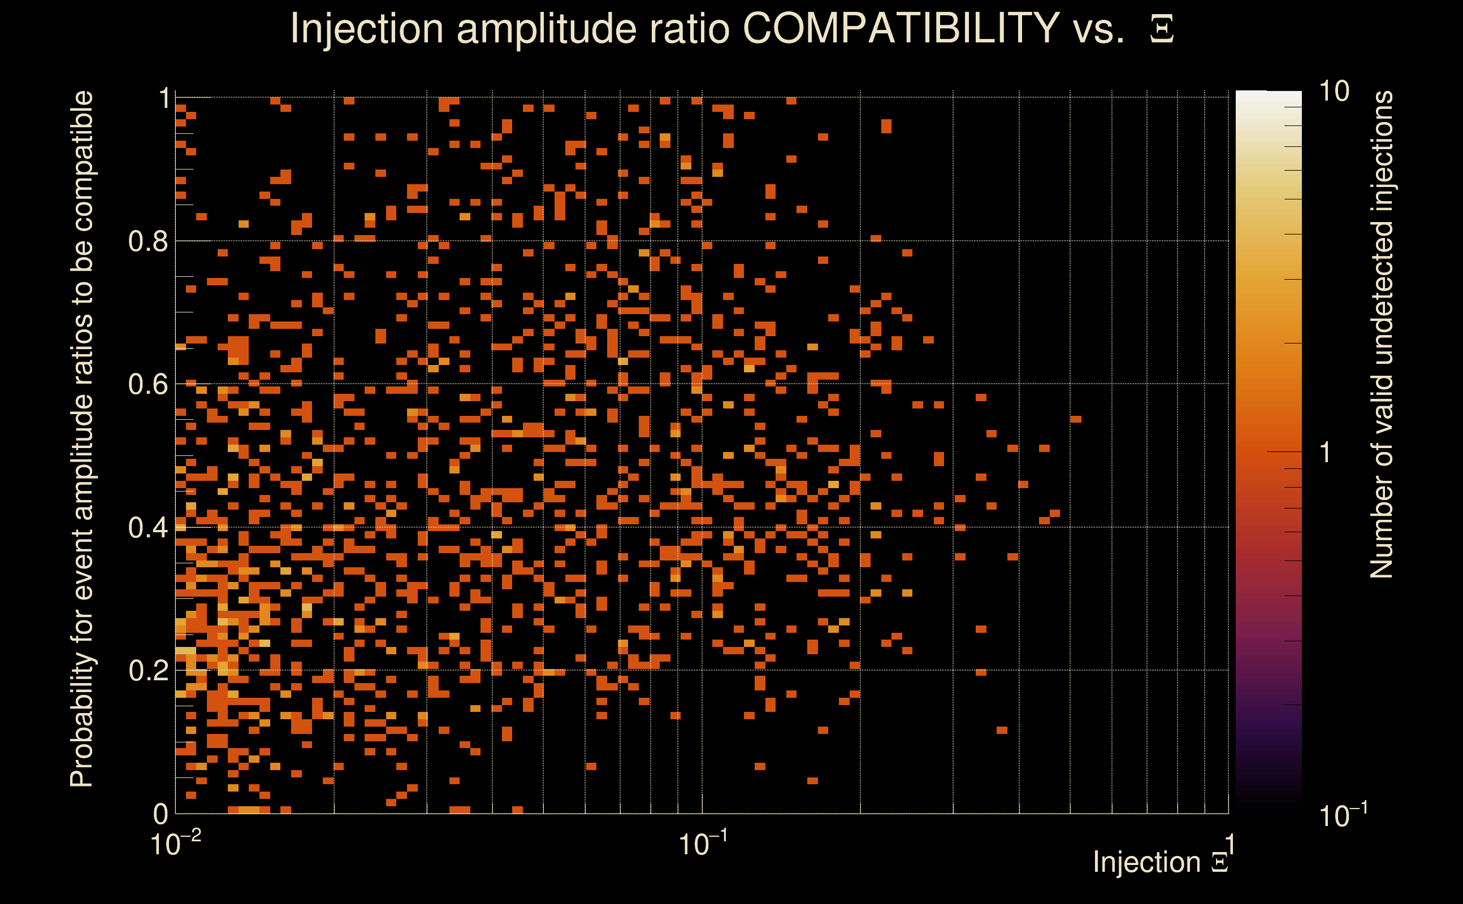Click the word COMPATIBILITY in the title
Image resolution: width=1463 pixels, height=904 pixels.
coord(901,28)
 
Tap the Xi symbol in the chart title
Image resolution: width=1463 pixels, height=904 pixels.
coord(1162,29)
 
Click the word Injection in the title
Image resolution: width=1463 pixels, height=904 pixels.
coord(366,29)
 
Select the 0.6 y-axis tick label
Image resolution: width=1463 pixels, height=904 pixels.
coord(148,384)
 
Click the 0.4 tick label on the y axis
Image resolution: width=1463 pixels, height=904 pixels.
coord(148,527)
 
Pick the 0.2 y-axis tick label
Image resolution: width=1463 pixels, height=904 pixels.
coord(148,670)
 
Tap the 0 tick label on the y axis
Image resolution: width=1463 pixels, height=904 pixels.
coord(161,814)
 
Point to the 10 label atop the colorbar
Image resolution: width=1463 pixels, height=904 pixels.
coord(1334,92)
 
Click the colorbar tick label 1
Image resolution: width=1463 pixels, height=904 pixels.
coord(1326,453)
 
